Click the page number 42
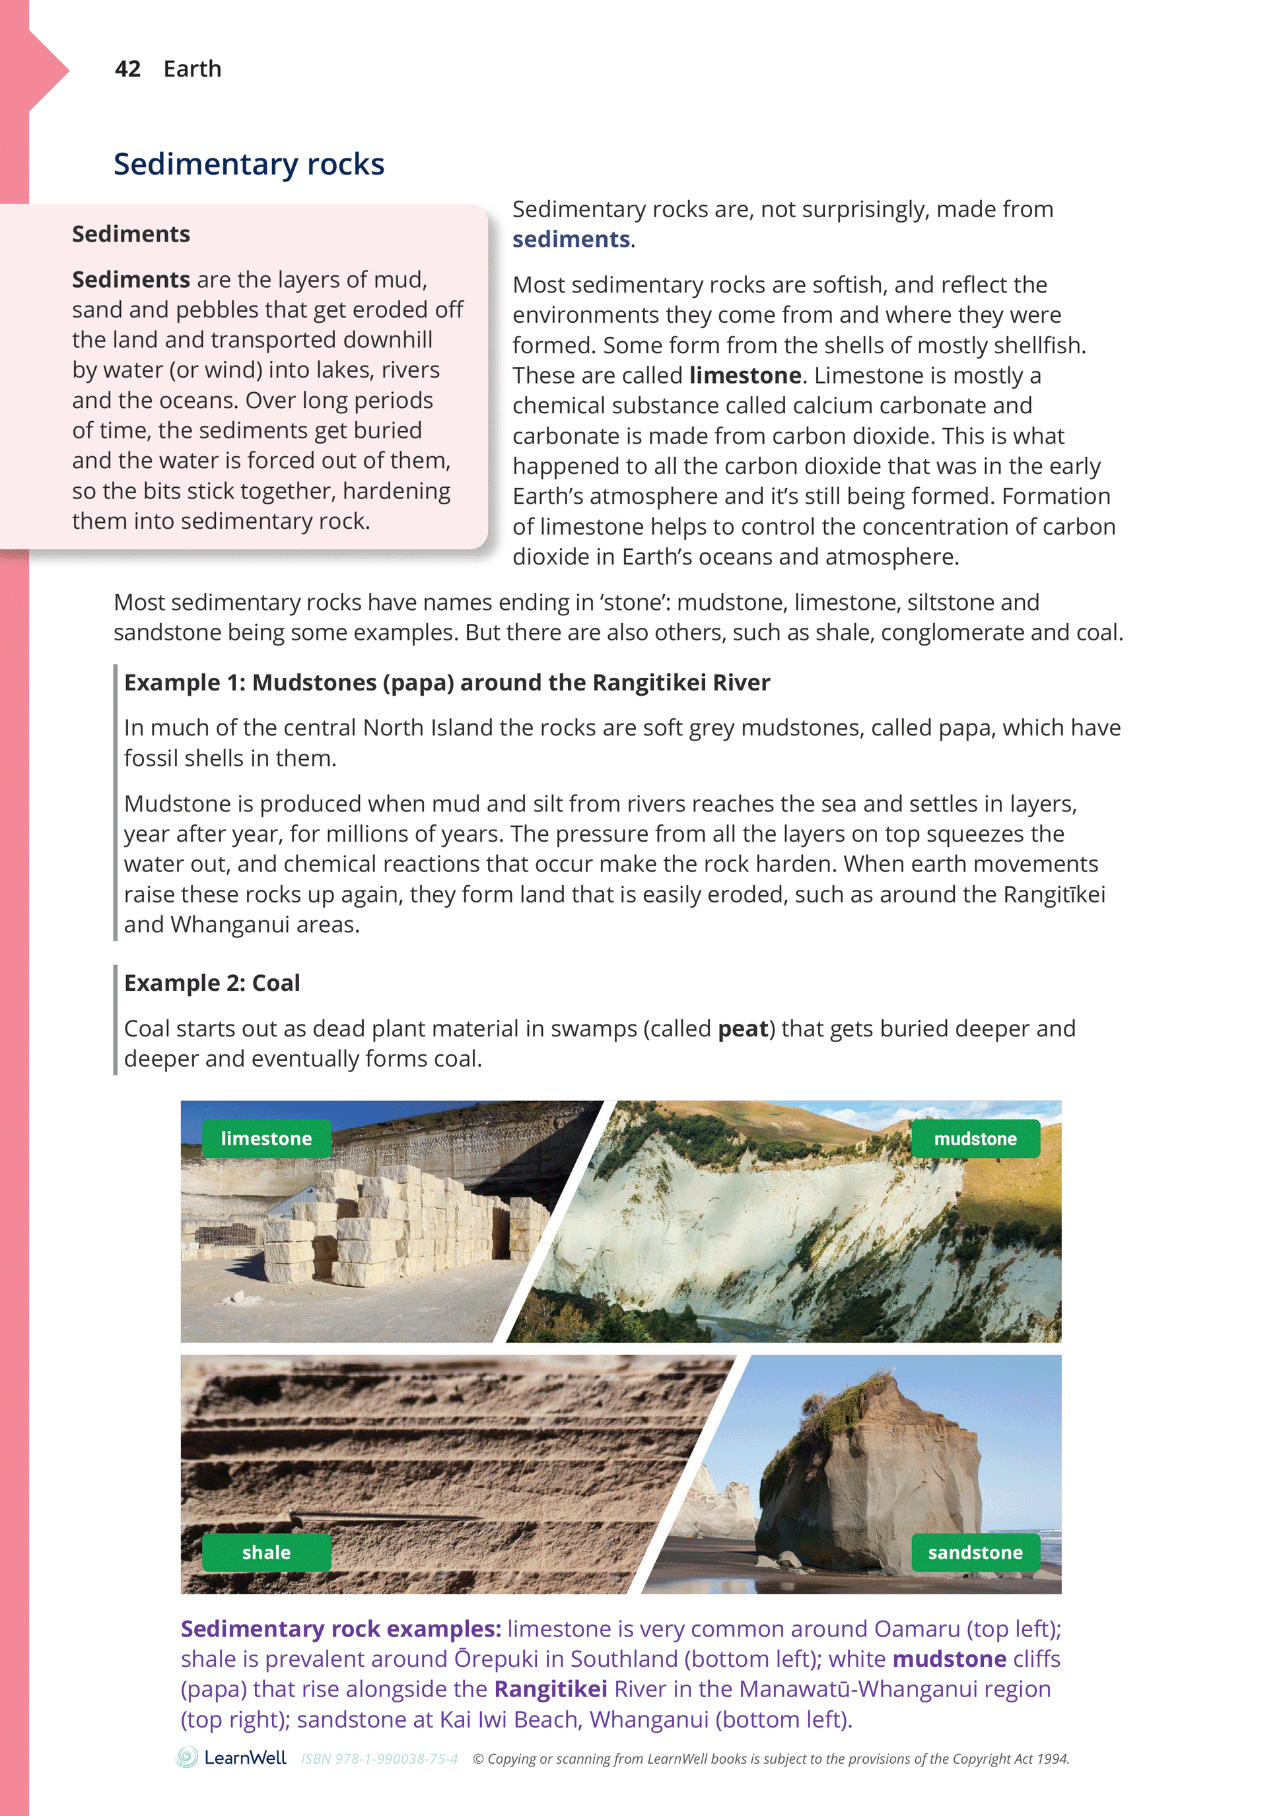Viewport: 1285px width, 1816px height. point(127,69)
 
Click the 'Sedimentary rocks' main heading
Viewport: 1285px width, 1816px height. point(248,164)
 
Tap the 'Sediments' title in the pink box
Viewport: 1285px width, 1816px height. point(131,234)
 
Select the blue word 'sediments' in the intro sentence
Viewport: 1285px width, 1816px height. point(571,239)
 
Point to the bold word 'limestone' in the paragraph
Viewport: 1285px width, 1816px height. point(746,375)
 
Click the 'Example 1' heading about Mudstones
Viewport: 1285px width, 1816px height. point(446,682)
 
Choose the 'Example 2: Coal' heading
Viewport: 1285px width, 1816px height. point(212,982)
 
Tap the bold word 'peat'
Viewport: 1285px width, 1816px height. point(743,1028)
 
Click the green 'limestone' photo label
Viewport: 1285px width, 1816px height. point(266,1138)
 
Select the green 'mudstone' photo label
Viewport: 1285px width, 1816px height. point(975,1138)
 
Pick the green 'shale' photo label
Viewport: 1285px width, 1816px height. point(266,1552)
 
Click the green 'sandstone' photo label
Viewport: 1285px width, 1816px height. point(975,1552)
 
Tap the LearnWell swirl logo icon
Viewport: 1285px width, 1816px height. point(187,1757)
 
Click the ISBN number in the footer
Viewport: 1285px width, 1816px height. point(379,1759)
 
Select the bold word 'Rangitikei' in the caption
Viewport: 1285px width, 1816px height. point(551,1689)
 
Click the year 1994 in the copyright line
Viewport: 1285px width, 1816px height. point(1053,1759)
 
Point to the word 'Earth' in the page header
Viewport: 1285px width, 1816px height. point(192,69)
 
